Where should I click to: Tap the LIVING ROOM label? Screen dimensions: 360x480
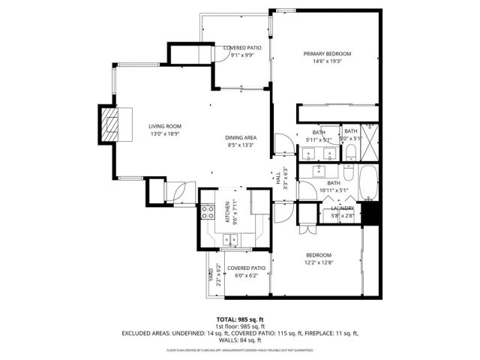pos(164,126)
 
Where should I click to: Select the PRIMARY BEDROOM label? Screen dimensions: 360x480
pos(327,54)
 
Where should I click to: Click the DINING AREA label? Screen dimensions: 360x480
pos(241,138)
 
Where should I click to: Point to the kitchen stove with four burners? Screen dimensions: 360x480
pos(208,212)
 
